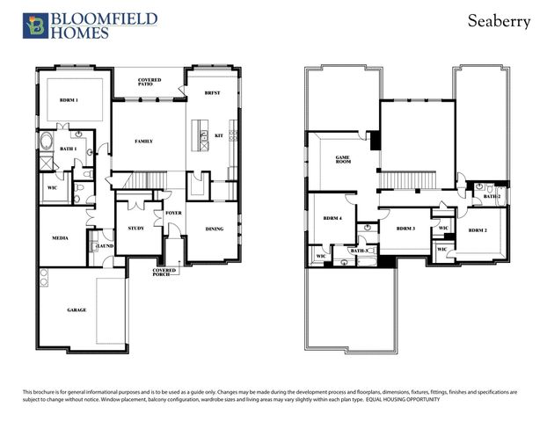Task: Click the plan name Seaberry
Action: pos(499,21)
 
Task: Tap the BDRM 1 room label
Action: pos(70,100)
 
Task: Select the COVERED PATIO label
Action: pos(150,83)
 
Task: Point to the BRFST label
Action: pos(212,93)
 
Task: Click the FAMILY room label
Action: pos(144,141)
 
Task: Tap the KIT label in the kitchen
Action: pos(219,135)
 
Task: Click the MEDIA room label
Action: pos(61,237)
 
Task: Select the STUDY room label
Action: pos(135,228)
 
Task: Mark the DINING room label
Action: pos(215,229)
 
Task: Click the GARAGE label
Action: pos(77,309)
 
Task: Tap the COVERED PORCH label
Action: pos(162,272)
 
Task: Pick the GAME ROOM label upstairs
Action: pos(343,160)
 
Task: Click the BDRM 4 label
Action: pos(332,217)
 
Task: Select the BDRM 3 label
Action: pos(405,229)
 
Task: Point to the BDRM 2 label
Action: pos(478,230)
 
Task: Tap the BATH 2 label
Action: pos(492,196)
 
